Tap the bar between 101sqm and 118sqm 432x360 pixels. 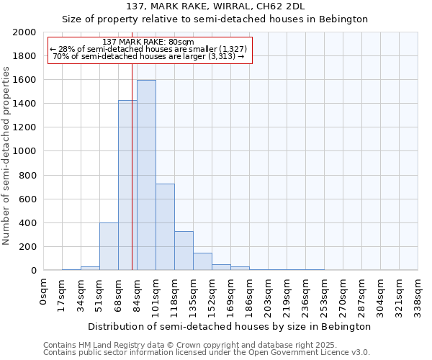tap(165, 227)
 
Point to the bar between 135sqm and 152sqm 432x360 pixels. tap(202, 261)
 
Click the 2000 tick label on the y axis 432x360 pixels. tap(24, 32)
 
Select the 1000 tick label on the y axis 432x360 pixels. tap(24, 151)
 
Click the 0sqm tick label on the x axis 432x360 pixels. tap(44, 292)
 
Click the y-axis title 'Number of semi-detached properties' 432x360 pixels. tap(7, 156)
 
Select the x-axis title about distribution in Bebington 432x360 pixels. tap(230, 326)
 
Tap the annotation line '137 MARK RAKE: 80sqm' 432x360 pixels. tap(148, 42)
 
